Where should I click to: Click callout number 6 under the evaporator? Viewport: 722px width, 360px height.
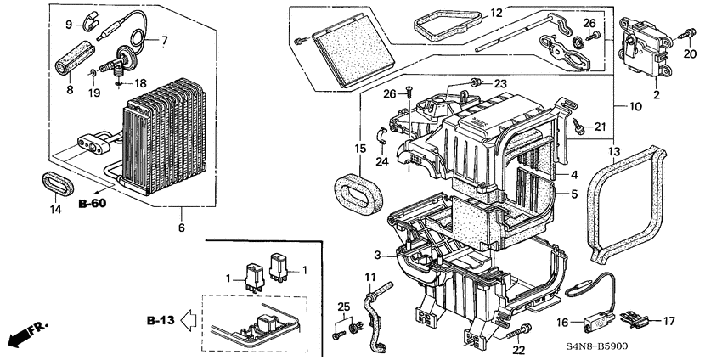(182, 228)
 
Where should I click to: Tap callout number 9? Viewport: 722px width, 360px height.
(71, 25)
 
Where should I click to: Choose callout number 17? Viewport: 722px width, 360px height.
(669, 321)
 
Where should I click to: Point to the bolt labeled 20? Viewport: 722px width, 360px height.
(689, 34)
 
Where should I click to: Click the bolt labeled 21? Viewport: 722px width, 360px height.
(579, 127)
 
